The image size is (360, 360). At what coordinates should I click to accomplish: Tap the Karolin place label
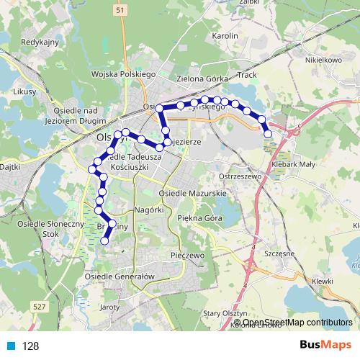pos(223,35)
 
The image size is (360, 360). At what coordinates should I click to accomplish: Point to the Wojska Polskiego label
pos(124,74)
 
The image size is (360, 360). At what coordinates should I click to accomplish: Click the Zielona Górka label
pos(203,77)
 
